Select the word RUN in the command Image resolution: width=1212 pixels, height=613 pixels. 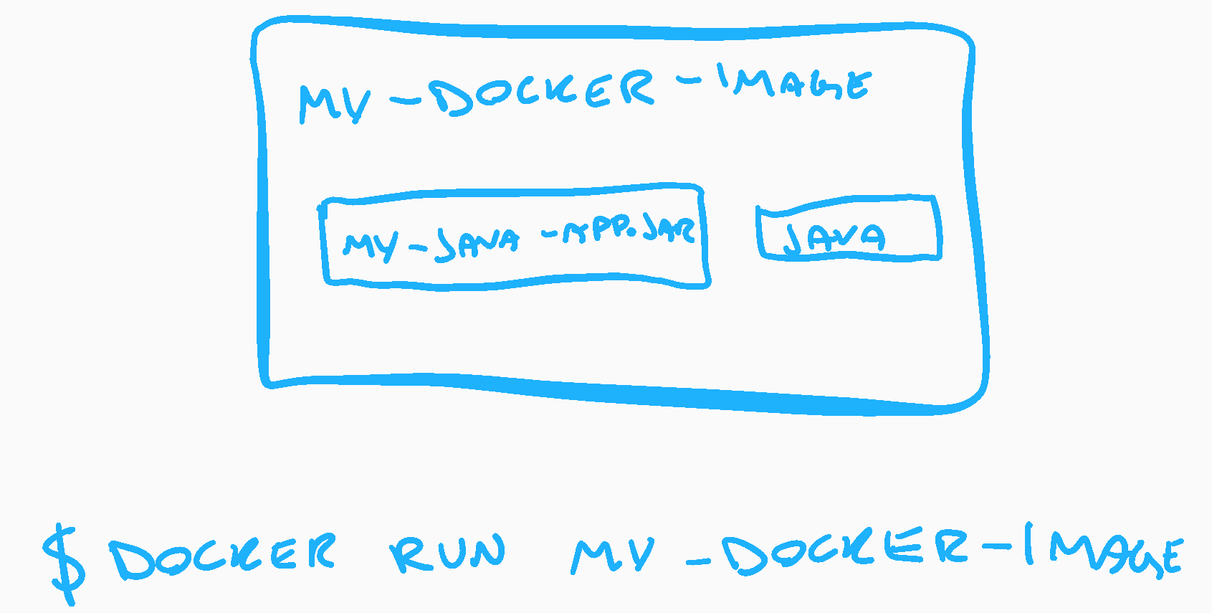[448, 554]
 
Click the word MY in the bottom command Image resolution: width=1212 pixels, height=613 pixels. [613, 556]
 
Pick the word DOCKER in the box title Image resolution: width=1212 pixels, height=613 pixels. [545, 92]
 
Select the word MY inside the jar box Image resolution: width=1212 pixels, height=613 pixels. [370, 246]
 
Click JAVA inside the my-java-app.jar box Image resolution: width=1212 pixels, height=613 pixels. [477, 242]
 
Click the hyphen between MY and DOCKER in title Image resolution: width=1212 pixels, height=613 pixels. [406, 102]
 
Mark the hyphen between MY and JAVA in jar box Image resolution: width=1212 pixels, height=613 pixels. [418, 249]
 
